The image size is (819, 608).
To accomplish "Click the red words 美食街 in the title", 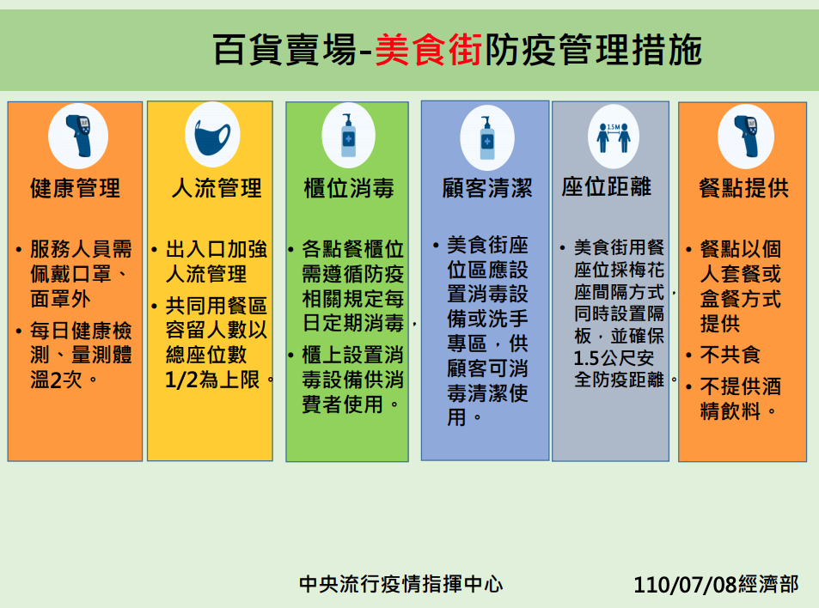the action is (x=428, y=50).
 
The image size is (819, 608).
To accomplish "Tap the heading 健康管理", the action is (x=76, y=188).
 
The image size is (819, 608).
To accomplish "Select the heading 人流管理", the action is (x=217, y=188).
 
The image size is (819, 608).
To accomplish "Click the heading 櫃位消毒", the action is (x=349, y=188).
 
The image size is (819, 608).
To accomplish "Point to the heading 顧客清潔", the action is (x=487, y=188).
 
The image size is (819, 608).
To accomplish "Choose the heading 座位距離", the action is (x=607, y=186).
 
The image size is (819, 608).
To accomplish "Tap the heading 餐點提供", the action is (x=743, y=188).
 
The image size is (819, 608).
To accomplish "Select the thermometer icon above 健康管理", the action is (x=79, y=136).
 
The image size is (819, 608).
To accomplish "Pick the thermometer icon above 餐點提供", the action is (x=746, y=137).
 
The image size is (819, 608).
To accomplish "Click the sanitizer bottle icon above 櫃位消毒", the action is (x=348, y=135).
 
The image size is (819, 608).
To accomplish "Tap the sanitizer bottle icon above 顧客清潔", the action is (x=487, y=137).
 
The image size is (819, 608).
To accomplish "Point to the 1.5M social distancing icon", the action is (x=614, y=137).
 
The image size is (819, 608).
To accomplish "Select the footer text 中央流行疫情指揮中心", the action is (x=401, y=584).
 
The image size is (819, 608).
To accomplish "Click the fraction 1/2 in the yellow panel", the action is (x=181, y=380).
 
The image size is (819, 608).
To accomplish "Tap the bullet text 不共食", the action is (x=730, y=355).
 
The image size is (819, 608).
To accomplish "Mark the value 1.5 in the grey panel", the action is (x=586, y=358).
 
